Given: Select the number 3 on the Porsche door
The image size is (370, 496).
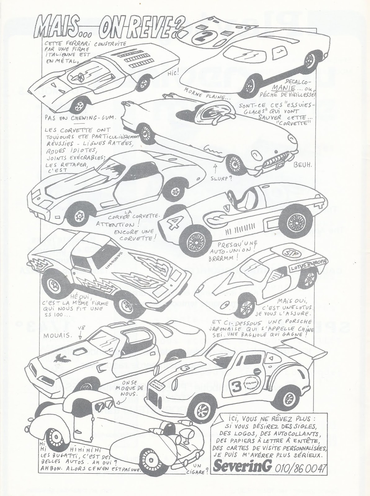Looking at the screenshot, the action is [233, 385].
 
